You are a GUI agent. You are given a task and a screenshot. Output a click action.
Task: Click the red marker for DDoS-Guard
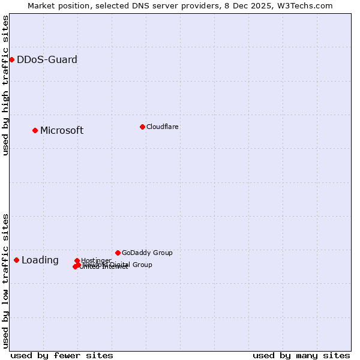pos(11,59)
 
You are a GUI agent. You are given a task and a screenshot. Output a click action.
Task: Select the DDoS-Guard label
pos(47,59)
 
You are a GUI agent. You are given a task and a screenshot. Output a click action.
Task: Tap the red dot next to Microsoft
pos(35,130)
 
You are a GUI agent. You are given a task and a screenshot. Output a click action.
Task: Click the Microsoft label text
pos(62,131)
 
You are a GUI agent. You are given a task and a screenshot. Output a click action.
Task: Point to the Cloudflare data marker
pos(142,127)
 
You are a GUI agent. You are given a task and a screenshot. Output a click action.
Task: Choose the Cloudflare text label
pos(162,127)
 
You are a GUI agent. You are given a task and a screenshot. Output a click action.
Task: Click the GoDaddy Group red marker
pos(118,253)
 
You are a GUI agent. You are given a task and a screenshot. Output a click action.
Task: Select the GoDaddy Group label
pos(147,253)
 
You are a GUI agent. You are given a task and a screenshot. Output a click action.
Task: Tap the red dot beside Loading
pos(16,260)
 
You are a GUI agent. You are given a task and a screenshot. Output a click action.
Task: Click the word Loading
pos(40,260)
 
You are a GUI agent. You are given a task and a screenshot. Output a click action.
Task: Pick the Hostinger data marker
pos(77,260)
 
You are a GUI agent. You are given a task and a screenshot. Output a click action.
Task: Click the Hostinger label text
pos(96,260)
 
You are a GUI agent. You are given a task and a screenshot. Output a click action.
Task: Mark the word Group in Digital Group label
pos(141,265)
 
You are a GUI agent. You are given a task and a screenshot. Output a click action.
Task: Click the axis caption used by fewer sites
pos(62,355)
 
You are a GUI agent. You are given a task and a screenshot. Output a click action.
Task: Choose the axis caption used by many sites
pos(301,355)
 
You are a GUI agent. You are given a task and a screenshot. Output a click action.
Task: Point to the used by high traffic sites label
pos(5,85)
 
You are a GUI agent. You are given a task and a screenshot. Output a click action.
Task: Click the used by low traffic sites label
pos(5,281)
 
